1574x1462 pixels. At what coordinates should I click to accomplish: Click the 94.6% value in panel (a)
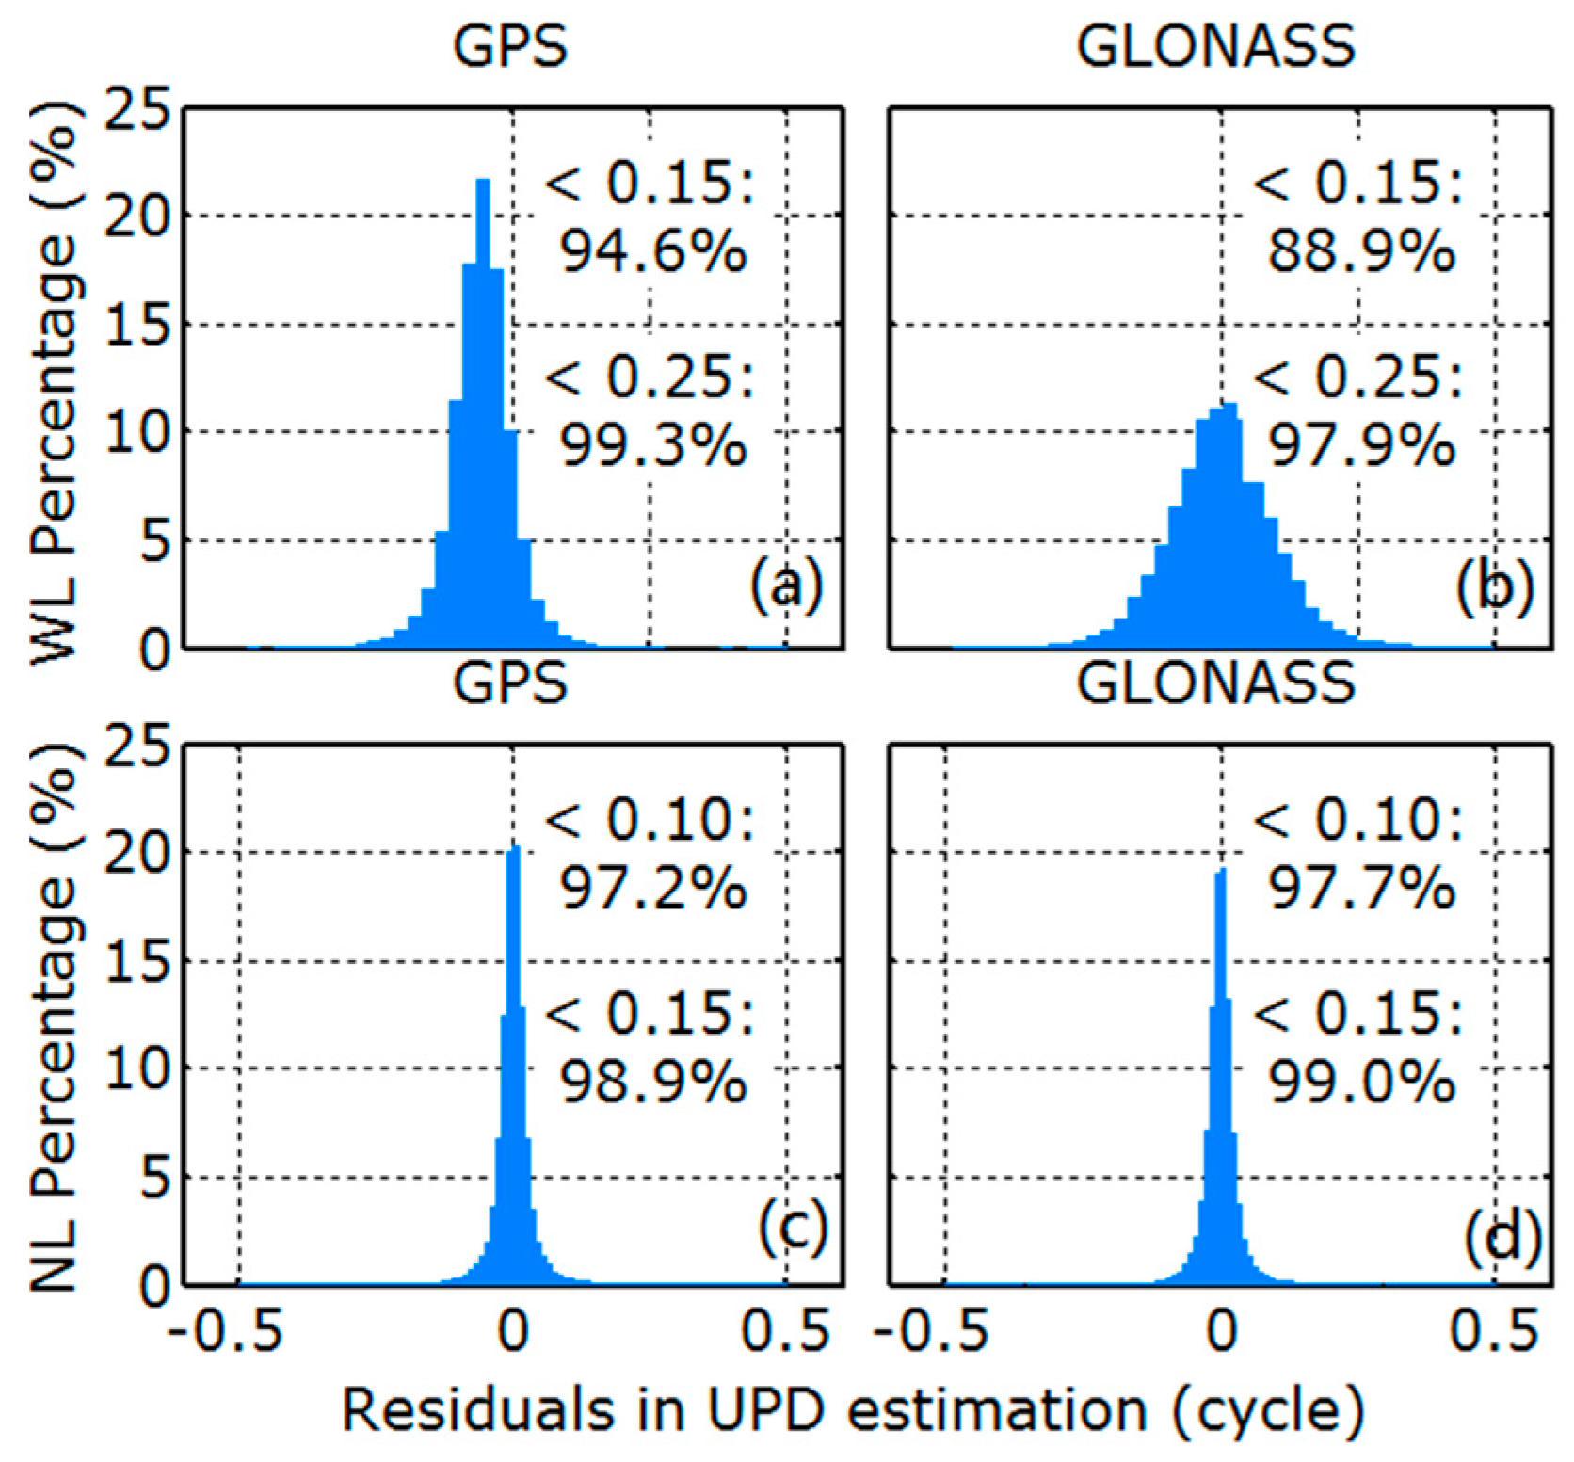(653, 252)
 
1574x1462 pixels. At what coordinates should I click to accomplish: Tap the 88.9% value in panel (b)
(1361, 252)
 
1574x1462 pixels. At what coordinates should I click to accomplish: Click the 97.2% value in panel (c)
(653, 888)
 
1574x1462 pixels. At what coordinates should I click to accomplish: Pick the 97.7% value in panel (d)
(1361, 888)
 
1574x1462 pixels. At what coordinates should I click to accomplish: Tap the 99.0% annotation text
(1361, 1082)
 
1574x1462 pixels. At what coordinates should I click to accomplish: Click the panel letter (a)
(786, 586)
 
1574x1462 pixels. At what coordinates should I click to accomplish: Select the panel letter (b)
(1495, 586)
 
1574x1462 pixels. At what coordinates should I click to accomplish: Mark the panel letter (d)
(1502, 1234)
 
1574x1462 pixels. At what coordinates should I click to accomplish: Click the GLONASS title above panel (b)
(1216, 44)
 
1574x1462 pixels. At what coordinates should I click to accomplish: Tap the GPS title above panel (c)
(510, 683)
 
